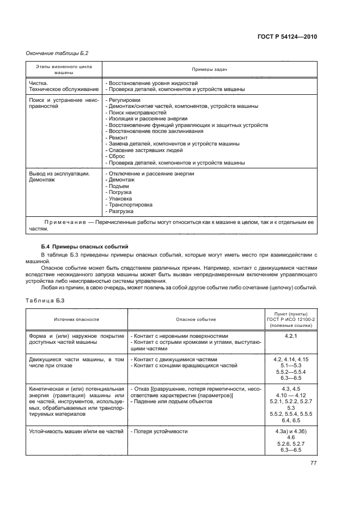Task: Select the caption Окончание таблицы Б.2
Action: pyautogui.click(x=57, y=53)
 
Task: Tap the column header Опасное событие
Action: pyautogui.click(x=196, y=320)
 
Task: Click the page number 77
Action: pyautogui.click(x=313, y=463)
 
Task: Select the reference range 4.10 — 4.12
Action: pyautogui.click(x=290, y=395)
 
